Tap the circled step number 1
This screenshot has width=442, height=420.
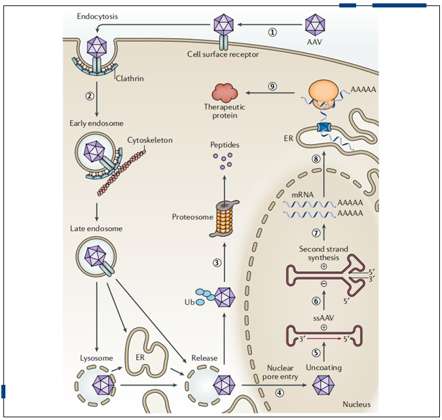pyautogui.click(x=272, y=32)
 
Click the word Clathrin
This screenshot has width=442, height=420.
pyautogui.click(x=130, y=78)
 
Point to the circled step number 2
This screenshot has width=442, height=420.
pyautogui.click(x=89, y=95)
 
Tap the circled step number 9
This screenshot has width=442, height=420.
pyautogui.click(x=272, y=86)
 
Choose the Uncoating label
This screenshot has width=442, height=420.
pyautogui.click(x=324, y=367)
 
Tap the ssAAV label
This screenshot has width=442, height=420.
pyautogui.click(x=324, y=317)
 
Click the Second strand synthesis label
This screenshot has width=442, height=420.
pyautogui.click(x=324, y=253)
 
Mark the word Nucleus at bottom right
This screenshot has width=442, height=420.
pyautogui.click(x=356, y=404)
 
